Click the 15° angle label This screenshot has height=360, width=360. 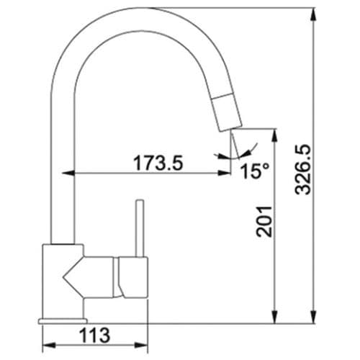click(254, 171)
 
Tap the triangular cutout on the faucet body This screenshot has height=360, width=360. click(75, 275)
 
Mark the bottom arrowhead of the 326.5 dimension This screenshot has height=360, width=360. click(312, 317)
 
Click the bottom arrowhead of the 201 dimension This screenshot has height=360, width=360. click(274, 317)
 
